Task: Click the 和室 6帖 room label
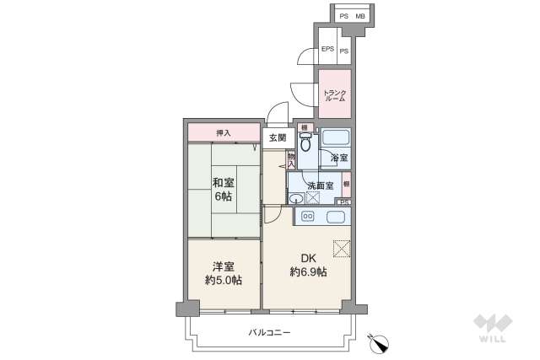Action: (223, 188)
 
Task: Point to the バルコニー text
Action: (270, 333)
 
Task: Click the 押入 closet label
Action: (223, 133)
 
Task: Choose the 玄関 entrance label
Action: (278, 137)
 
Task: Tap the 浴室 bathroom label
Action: (339, 159)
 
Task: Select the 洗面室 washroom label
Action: (320, 185)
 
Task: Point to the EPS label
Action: (327, 50)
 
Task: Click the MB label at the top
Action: (360, 16)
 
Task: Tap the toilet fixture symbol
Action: (305, 141)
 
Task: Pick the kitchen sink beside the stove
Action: (332, 217)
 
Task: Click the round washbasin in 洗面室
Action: (296, 199)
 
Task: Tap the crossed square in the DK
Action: (341, 248)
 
